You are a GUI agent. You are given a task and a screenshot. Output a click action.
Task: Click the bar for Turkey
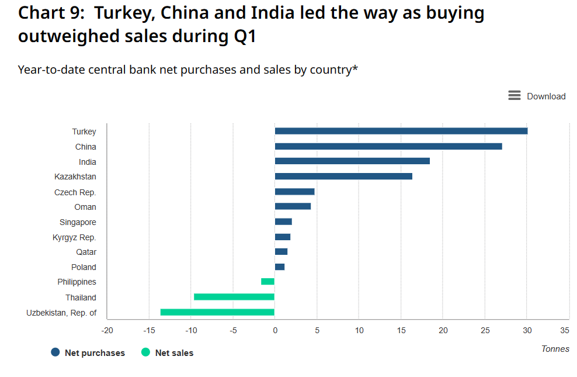point(401,131)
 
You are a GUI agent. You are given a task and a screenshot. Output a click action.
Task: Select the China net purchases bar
point(388,146)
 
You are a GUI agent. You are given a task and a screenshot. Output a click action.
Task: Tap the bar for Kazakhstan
point(343,177)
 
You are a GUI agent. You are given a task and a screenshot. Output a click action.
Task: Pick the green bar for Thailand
point(234,297)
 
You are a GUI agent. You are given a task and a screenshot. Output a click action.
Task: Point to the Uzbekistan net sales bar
point(217,312)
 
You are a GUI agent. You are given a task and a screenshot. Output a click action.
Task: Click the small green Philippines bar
point(267,282)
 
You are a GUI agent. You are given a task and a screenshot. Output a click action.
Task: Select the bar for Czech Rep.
point(294,192)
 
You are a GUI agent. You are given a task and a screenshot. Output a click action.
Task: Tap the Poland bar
point(280,267)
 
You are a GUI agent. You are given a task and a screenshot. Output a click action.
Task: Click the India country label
point(88,162)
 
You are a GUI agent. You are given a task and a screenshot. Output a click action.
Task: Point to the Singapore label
point(78,222)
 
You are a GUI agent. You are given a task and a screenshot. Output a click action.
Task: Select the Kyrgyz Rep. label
point(74,237)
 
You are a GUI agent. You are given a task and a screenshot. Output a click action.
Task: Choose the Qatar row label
point(86,252)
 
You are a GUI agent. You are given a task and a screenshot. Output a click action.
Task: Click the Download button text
point(546,96)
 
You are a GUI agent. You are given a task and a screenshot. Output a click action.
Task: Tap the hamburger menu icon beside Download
point(514,96)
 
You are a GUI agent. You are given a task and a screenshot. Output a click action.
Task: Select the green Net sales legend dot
point(145,352)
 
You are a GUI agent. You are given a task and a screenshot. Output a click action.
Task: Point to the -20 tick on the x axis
point(107,331)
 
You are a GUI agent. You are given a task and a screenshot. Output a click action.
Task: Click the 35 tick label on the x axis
point(564,331)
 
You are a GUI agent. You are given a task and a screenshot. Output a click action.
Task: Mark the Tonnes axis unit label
point(555,349)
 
